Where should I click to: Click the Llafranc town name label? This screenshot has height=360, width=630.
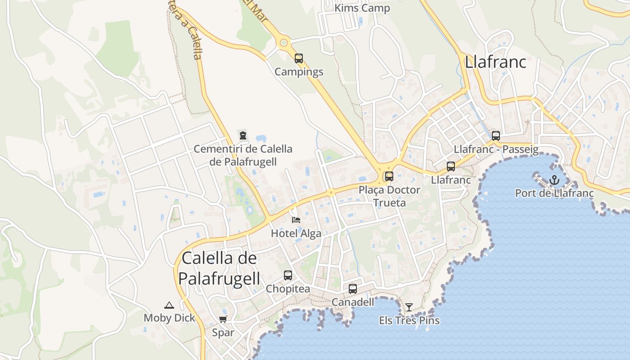coord(495,62)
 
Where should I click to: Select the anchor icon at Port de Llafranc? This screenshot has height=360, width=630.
coord(554,180)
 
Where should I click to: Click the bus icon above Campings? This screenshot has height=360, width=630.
coord(298,58)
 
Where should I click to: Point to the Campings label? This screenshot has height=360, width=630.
coord(299,72)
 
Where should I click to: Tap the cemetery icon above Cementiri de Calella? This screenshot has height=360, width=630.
coord(243,135)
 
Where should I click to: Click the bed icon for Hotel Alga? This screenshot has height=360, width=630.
coord(296,220)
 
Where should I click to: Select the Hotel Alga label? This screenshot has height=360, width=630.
coord(296,233)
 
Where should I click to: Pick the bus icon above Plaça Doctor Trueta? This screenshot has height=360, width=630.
coord(389,176)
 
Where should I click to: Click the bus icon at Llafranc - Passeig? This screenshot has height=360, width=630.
coord(495,135)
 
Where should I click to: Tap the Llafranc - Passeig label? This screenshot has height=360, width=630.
coord(496,149)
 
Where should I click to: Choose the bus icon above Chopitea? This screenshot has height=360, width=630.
coord(288,275)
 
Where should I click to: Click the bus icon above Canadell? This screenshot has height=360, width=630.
coord(352,289)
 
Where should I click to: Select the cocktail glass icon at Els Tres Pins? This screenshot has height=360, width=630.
coord(409,307)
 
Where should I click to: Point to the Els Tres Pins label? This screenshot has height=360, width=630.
coord(409,320)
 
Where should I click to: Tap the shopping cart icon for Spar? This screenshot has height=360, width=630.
coord(223,319)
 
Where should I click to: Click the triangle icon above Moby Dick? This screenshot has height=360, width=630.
coord(169,305)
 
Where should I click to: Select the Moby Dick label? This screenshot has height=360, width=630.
coord(169,318)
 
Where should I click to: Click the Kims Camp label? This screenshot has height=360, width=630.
coord(362,8)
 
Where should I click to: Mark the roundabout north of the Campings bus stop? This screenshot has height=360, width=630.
coord(283,43)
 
